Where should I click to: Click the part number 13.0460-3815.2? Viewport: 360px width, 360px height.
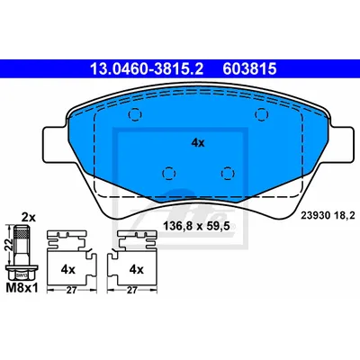pos(147,68)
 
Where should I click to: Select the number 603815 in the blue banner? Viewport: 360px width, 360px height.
pos(249,68)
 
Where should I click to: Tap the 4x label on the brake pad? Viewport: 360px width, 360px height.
pos(198,143)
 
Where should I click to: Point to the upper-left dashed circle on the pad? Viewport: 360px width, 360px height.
pos(135,114)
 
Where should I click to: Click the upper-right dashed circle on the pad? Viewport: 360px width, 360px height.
pos(261,114)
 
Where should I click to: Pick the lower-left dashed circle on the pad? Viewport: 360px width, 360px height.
pos(168,174)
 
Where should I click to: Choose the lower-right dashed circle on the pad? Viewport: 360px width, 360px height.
pos(228,174)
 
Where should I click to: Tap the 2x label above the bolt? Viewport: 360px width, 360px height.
pos(29,217)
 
